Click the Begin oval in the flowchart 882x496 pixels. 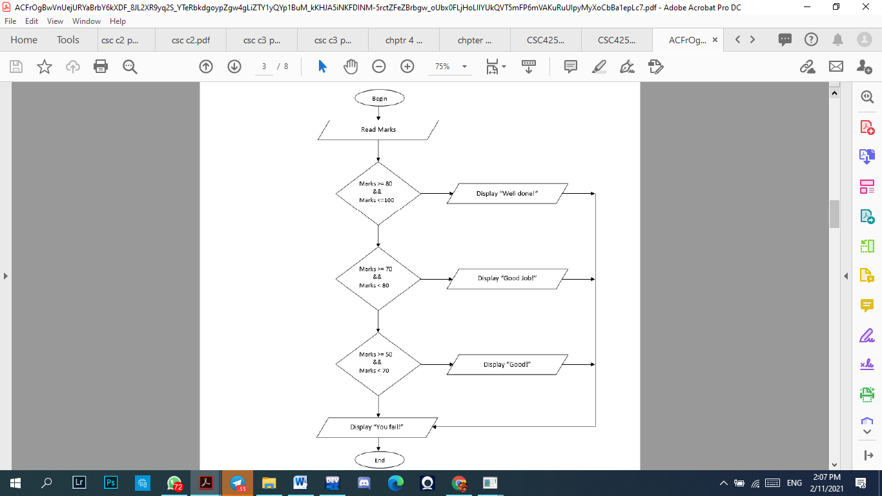tap(379, 98)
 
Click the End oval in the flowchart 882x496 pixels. tap(379, 460)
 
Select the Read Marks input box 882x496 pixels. tap(378, 130)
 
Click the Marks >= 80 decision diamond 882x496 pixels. tap(378, 192)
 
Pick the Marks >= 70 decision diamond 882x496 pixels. tap(378, 278)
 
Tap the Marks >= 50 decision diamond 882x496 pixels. tap(378, 364)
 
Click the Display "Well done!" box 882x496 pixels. tap(507, 194)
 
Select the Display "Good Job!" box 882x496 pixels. tap(507, 278)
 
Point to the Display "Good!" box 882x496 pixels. tap(507, 364)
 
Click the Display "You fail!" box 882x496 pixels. tap(376, 427)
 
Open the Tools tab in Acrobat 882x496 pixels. tap(68, 40)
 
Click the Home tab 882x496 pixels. tap(24, 40)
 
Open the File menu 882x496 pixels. tap(10, 21)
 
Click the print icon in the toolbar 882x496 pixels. tap(101, 67)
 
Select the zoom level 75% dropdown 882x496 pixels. tap(450, 67)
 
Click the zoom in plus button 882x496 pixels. tap(407, 67)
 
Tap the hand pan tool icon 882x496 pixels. tap(351, 67)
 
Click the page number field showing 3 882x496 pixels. tap(264, 67)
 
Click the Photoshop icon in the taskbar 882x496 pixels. tap(111, 482)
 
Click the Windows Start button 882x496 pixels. tap(15, 482)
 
